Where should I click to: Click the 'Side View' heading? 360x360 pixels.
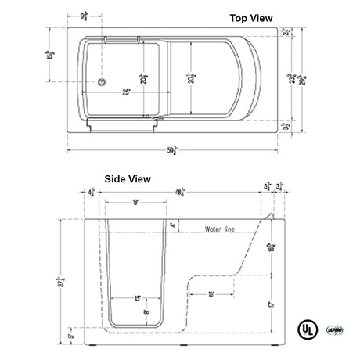click(x=121, y=178)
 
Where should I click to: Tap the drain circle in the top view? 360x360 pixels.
click(x=102, y=81)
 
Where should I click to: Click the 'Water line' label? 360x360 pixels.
click(x=221, y=230)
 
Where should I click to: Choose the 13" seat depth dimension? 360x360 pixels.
click(x=212, y=293)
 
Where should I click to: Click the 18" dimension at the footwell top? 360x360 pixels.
click(x=136, y=202)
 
